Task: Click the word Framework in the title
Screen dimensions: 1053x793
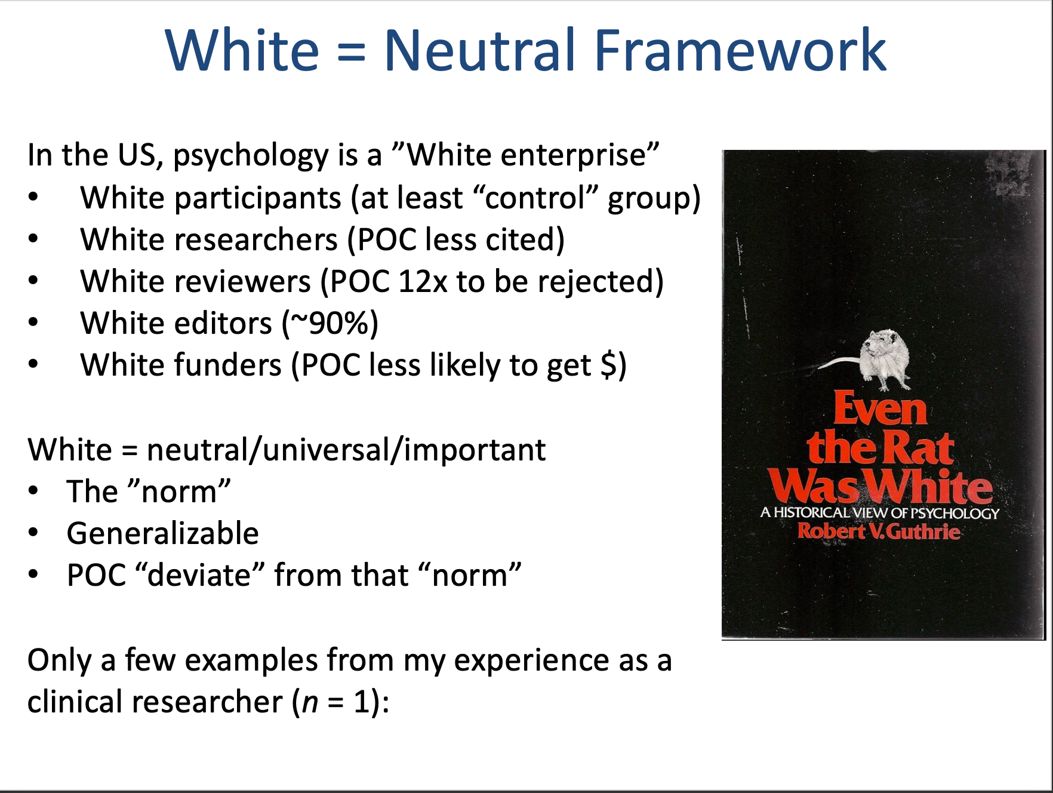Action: pos(740,50)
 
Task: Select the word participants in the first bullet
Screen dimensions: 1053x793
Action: pos(211,199)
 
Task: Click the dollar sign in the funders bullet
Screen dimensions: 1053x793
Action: pos(608,365)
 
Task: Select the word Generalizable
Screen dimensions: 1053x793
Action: pos(163,534)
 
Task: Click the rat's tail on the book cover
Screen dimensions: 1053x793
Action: pos(838,362)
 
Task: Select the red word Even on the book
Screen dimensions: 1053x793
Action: pos(880,409)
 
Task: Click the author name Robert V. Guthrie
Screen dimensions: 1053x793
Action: pos(879,531)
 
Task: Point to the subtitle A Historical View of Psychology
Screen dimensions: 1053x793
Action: pos(879,513)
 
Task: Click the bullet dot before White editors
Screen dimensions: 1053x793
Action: pos(33,323)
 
